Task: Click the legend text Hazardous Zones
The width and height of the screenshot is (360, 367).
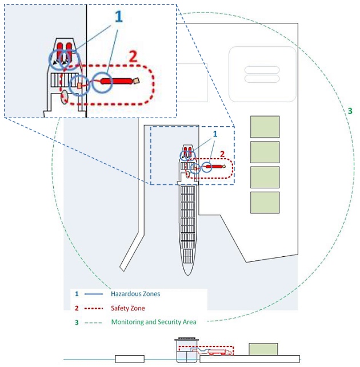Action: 135,294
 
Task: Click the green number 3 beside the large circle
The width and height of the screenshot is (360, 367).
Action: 350,111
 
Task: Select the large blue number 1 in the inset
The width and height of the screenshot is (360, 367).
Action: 119,17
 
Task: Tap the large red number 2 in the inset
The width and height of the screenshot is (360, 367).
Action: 133,57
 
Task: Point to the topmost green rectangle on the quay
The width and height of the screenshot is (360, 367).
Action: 265,127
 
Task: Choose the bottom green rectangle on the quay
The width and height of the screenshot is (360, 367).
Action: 265,202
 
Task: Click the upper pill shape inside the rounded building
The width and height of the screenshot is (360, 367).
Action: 262,70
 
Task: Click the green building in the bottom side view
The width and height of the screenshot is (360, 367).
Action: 263,349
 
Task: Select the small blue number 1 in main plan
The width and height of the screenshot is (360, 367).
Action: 215,134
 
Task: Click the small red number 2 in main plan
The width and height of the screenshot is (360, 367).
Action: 223,154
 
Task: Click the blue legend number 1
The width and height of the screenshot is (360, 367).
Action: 77,294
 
